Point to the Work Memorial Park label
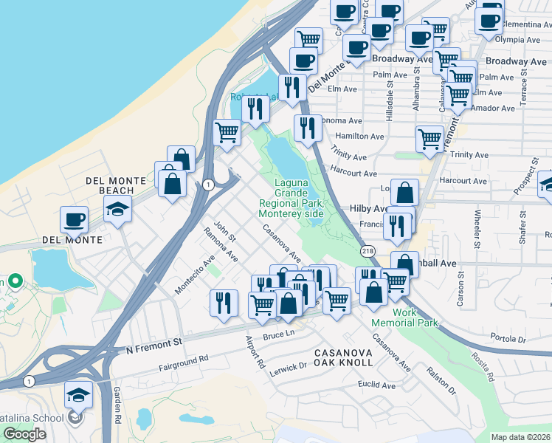point(415,317)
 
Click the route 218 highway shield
point(366,252)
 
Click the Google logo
point(24,434)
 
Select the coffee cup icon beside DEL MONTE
point(74,219)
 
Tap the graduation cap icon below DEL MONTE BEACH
point(117,210)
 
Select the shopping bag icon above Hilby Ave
point(404,193)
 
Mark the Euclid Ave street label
point(376,385)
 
